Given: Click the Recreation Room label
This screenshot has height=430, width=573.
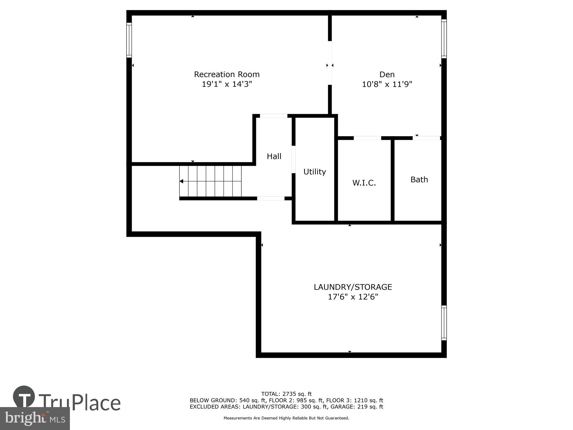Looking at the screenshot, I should pos(227,75).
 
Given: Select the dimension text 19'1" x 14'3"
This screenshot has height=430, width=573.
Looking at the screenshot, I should pos(227,84).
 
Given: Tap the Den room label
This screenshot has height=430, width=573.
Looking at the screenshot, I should pos(387,75).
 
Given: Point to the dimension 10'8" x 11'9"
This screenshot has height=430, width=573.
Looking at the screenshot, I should pos(387,84).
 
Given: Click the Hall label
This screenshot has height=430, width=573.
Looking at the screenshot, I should pos(274,156).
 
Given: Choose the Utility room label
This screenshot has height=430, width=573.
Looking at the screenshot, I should pos(315,172).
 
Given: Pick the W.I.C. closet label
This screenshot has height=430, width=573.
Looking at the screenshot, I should pos(364,183).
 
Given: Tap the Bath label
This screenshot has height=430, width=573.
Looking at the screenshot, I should pos(419,179).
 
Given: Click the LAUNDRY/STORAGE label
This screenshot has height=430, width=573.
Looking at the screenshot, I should pos(353,287).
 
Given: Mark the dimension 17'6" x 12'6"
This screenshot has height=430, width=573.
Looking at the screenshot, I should pos(353,297).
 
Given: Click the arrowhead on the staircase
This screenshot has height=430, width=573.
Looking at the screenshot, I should pos(181,181).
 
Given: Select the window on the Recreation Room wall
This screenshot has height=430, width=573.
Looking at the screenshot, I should pos(129,40).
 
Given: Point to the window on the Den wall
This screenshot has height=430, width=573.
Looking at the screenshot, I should pos(444,39).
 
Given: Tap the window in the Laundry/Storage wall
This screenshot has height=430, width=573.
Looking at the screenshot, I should pos(444,323).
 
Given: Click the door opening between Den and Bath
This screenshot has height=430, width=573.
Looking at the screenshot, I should pos(426,138).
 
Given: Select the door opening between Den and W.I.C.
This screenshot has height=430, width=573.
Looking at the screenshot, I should pos(367,138).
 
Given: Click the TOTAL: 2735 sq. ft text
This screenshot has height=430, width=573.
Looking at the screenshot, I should pos(286,394).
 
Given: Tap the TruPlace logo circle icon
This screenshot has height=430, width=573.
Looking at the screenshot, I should pos(24,396).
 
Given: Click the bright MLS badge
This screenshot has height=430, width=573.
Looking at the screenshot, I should pos(35,419).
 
